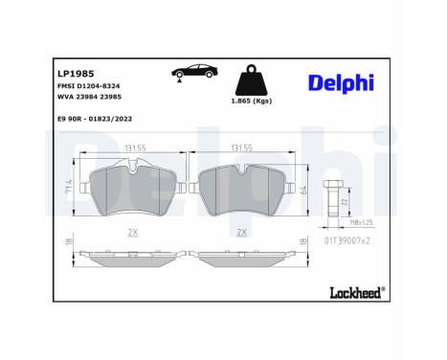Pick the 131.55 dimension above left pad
(134, 149)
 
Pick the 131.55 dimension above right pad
(243, 149)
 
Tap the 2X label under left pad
(134, 233)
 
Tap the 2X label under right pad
(243, 233)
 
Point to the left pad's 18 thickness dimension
(68, 244)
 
